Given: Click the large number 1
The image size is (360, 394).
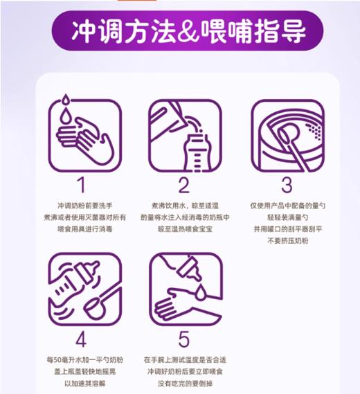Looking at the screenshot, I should (x=82, y=185).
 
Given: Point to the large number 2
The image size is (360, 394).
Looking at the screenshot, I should (x=183, y=185).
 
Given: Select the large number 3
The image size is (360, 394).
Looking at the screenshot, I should (x=286, y=185).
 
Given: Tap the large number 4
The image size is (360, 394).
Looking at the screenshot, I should (x=82, y=340).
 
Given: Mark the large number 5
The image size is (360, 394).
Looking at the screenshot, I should (x=183, y=340).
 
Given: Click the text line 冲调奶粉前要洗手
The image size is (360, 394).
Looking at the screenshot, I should (x=82, y=206).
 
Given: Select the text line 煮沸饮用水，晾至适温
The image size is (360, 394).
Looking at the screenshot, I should (x=183, y=206).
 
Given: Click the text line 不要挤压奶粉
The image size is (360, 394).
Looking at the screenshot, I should (x=286, y=240).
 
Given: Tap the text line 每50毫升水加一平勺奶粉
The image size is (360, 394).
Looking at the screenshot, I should (x=82, y=361).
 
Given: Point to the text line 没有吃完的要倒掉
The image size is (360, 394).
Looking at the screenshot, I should (x=183, y=384).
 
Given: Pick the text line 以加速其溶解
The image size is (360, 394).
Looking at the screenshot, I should (x=82, y=384).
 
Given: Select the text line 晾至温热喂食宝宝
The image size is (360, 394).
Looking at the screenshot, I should (x=183, y=229).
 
